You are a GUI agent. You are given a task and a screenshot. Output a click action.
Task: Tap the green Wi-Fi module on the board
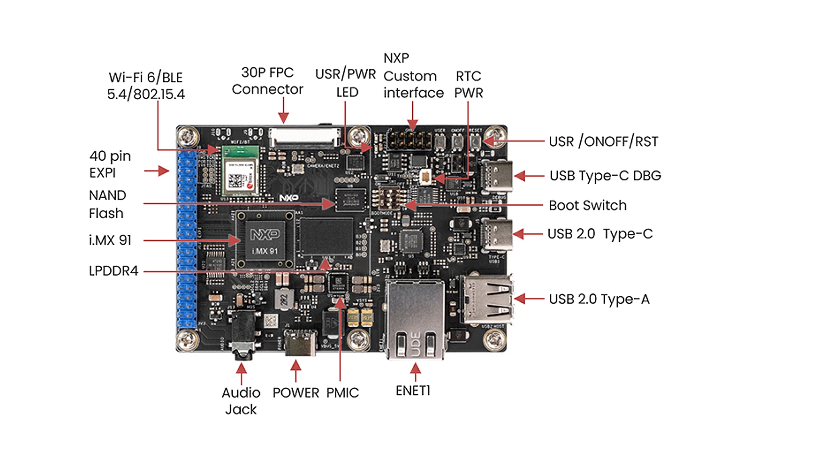coord(240,172)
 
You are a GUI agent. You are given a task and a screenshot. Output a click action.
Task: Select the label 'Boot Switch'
coord(587,205)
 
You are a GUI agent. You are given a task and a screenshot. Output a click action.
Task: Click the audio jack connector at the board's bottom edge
coord(244,334)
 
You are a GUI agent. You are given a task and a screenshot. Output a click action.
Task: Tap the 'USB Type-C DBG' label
coord(605,176)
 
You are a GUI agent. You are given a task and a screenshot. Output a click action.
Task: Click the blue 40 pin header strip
coord(187,239)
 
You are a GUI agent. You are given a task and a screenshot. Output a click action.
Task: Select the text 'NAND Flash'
coord(107,204)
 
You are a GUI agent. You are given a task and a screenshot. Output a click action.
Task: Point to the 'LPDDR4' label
coord(113,271)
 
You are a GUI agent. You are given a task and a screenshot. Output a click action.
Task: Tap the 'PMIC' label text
coord(342,393)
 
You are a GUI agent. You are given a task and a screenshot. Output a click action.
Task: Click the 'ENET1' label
coord(413,391)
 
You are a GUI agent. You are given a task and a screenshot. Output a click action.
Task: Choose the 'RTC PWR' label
coord(468,84)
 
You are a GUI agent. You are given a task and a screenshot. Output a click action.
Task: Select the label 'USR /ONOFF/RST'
coord(603,141)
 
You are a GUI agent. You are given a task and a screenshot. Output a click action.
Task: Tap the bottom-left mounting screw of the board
coord(188,340)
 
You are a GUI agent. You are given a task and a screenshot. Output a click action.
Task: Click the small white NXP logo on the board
coord(289,198)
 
